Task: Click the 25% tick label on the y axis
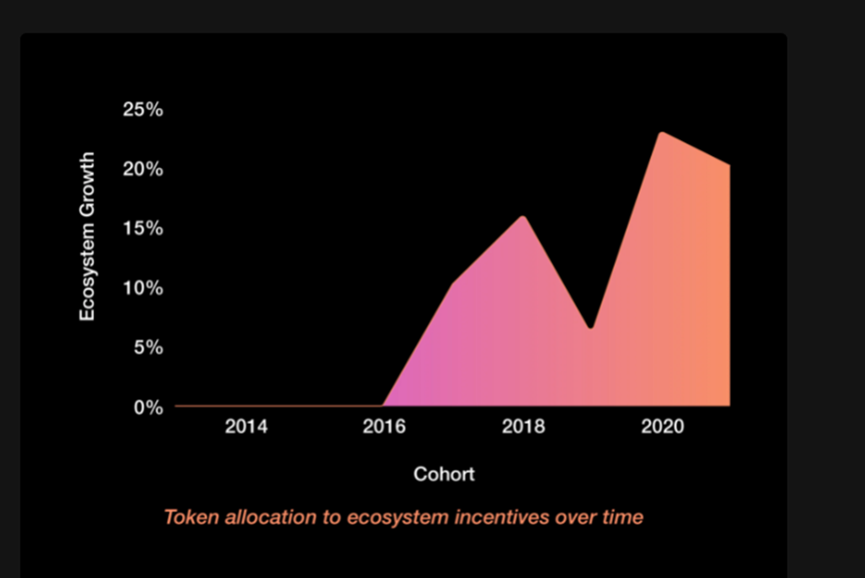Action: pos(143,109)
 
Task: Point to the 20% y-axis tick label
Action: pos(143,168)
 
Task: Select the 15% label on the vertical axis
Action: pos(143,228)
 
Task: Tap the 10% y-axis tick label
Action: pos(143,287)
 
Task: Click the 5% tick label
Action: pos(148,348)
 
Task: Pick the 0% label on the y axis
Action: pos(148,407)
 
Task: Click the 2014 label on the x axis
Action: pos(246,426)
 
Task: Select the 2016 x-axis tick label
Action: pos(384,426)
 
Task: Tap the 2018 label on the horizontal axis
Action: pos(523,426)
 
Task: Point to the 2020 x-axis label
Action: pos(663,426)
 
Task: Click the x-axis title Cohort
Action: pos(444,474)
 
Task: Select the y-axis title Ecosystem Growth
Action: pos(87,237)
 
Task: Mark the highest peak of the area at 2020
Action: pos(662,133)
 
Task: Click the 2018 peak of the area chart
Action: pos(523,217)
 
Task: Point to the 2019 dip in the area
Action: pos(591,328)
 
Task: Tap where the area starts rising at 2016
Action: pos(383,405)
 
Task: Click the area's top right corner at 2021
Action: pos(729,165)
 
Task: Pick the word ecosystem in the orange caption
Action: pos(398,518)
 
